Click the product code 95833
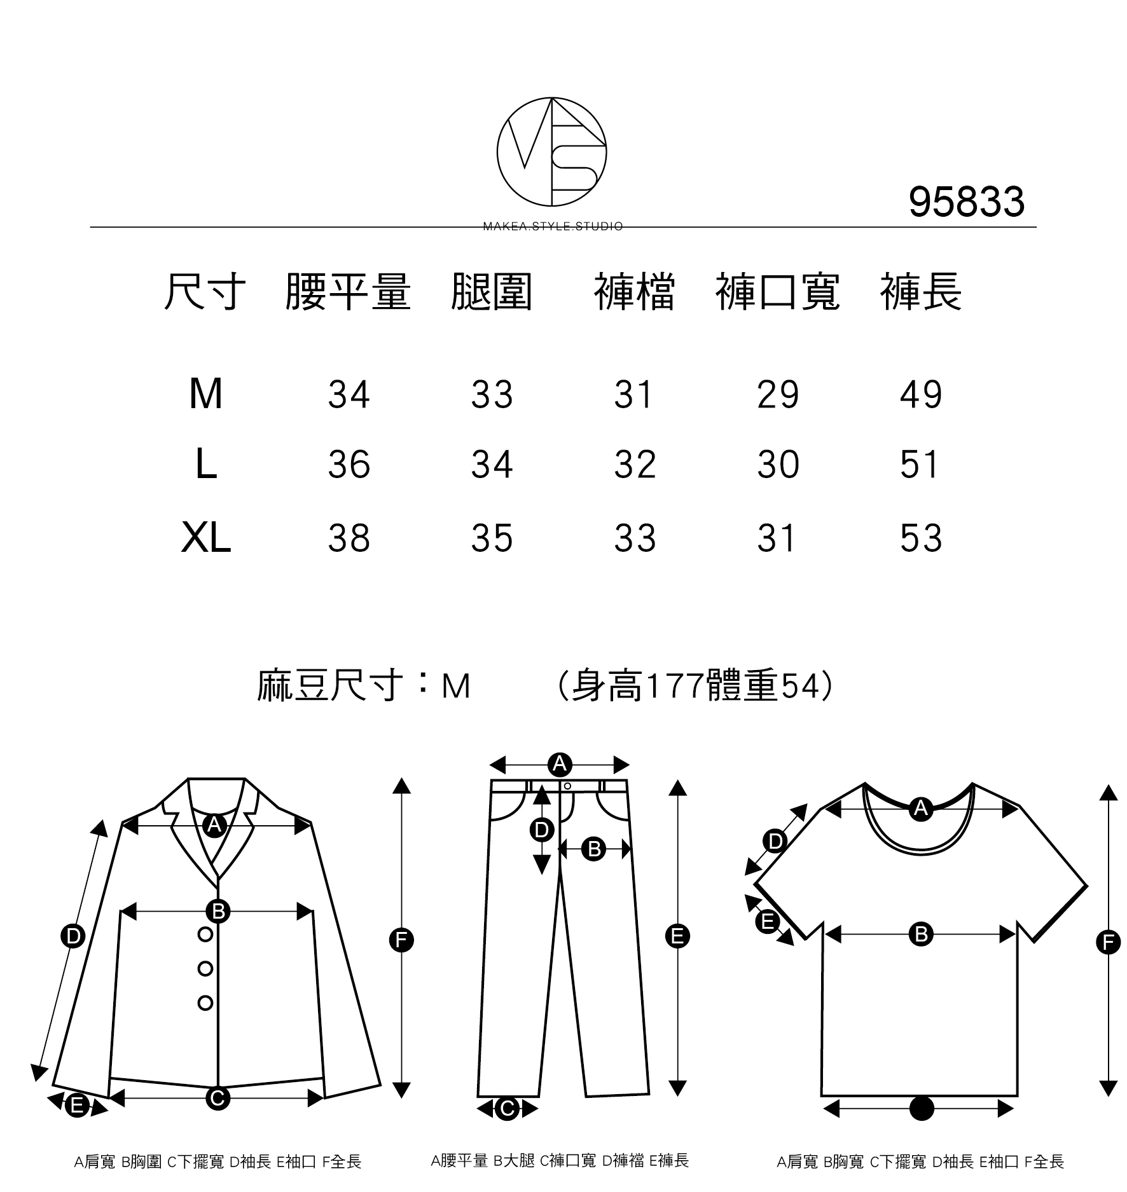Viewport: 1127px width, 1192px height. [x=966, y=202]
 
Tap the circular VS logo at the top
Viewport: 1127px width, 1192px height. [x=551, y=152]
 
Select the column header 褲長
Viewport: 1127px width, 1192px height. [x=920, y=292]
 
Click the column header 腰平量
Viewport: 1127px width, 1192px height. [x=348, y=292]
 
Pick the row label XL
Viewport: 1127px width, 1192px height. [x=205, y=538]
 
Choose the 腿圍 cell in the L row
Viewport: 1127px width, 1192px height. [x=492, y=465]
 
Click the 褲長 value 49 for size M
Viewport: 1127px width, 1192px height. [x=920, y=394]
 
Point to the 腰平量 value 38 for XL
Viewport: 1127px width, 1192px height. [x=349, y=538]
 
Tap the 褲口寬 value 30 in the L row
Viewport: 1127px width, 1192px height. [x=778, y=465]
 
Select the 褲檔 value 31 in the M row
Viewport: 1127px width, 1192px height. [x=633, y=394]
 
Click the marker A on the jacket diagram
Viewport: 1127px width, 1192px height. [x=215, y=825]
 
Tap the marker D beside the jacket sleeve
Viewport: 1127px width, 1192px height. [x=73, y=936]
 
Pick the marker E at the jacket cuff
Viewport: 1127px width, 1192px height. [x=77, y=1106]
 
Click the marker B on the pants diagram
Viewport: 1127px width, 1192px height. [x=594, y=849]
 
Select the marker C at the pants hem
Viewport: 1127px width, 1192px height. [x=507, y=1109]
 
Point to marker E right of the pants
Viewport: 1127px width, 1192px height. [x=677, y=936]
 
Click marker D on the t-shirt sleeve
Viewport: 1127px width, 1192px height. [x=775, y=842]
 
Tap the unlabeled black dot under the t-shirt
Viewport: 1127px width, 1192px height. [x=922, y=1109]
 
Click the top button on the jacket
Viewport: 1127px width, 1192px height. [x=205, y=935]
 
